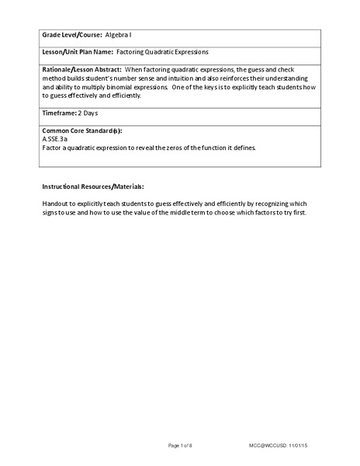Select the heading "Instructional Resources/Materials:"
(x=92, y=187)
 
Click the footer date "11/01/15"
(x=310, y=444)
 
